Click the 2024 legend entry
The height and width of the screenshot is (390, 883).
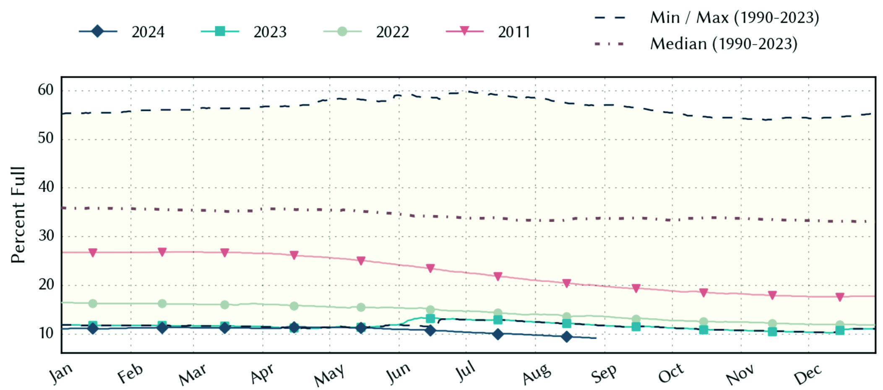tap(122, 32)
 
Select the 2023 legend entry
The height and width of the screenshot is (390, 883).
tap(244, 32)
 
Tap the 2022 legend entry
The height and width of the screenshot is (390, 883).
tap(366, 32)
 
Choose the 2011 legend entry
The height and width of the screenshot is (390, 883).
tap(488, 32)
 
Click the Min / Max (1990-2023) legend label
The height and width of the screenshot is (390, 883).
tap(735, 18)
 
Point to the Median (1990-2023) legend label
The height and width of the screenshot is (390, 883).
tap(724, 44)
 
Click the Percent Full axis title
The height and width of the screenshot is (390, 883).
tap(18, 215)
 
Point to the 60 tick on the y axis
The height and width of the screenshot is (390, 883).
tap(46, 90)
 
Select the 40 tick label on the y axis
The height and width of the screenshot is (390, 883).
tap(46, 187)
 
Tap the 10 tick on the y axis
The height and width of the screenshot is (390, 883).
tap(46, 333)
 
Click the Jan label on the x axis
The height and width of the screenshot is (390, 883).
tap(61, 373)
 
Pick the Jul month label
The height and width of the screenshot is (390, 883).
tap(466, 371)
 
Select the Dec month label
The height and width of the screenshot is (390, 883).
tap(807, 374)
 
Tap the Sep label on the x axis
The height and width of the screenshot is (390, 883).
tap(604, 374)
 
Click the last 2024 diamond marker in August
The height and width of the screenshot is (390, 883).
tap(567, 337)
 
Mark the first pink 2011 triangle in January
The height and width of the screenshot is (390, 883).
tap(93, 252)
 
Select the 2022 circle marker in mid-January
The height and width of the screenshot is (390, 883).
tap(93, 304)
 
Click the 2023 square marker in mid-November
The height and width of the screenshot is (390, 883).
tap(772, 332)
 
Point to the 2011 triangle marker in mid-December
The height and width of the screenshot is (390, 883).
tap(840, 297)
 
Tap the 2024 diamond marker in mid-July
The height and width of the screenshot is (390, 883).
tap(498, 334)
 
